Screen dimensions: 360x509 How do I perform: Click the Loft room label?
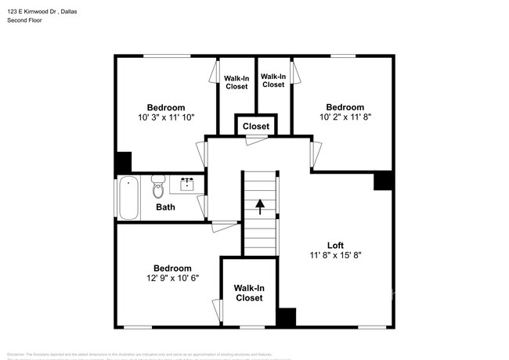point(335,245)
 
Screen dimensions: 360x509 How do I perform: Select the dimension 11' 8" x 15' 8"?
point(335,255)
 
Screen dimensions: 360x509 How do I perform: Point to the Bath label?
point(165,207)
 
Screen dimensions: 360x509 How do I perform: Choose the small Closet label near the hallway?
point(255,126)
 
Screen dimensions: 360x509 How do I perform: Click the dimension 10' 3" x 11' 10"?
point(166,117)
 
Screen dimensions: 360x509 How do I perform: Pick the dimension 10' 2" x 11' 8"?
point(345,117)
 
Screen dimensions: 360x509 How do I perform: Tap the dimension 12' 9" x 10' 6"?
point(171,278)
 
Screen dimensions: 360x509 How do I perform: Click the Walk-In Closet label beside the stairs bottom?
point(249,293)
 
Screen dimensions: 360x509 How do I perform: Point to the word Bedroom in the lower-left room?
point(172,268)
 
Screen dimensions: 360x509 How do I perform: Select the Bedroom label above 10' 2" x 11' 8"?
point(345,107)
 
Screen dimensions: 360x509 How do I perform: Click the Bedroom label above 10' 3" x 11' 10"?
point(166,107)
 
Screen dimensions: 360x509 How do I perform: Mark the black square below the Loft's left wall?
point(287,318)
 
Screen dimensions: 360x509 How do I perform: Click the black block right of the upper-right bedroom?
point(384,181)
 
